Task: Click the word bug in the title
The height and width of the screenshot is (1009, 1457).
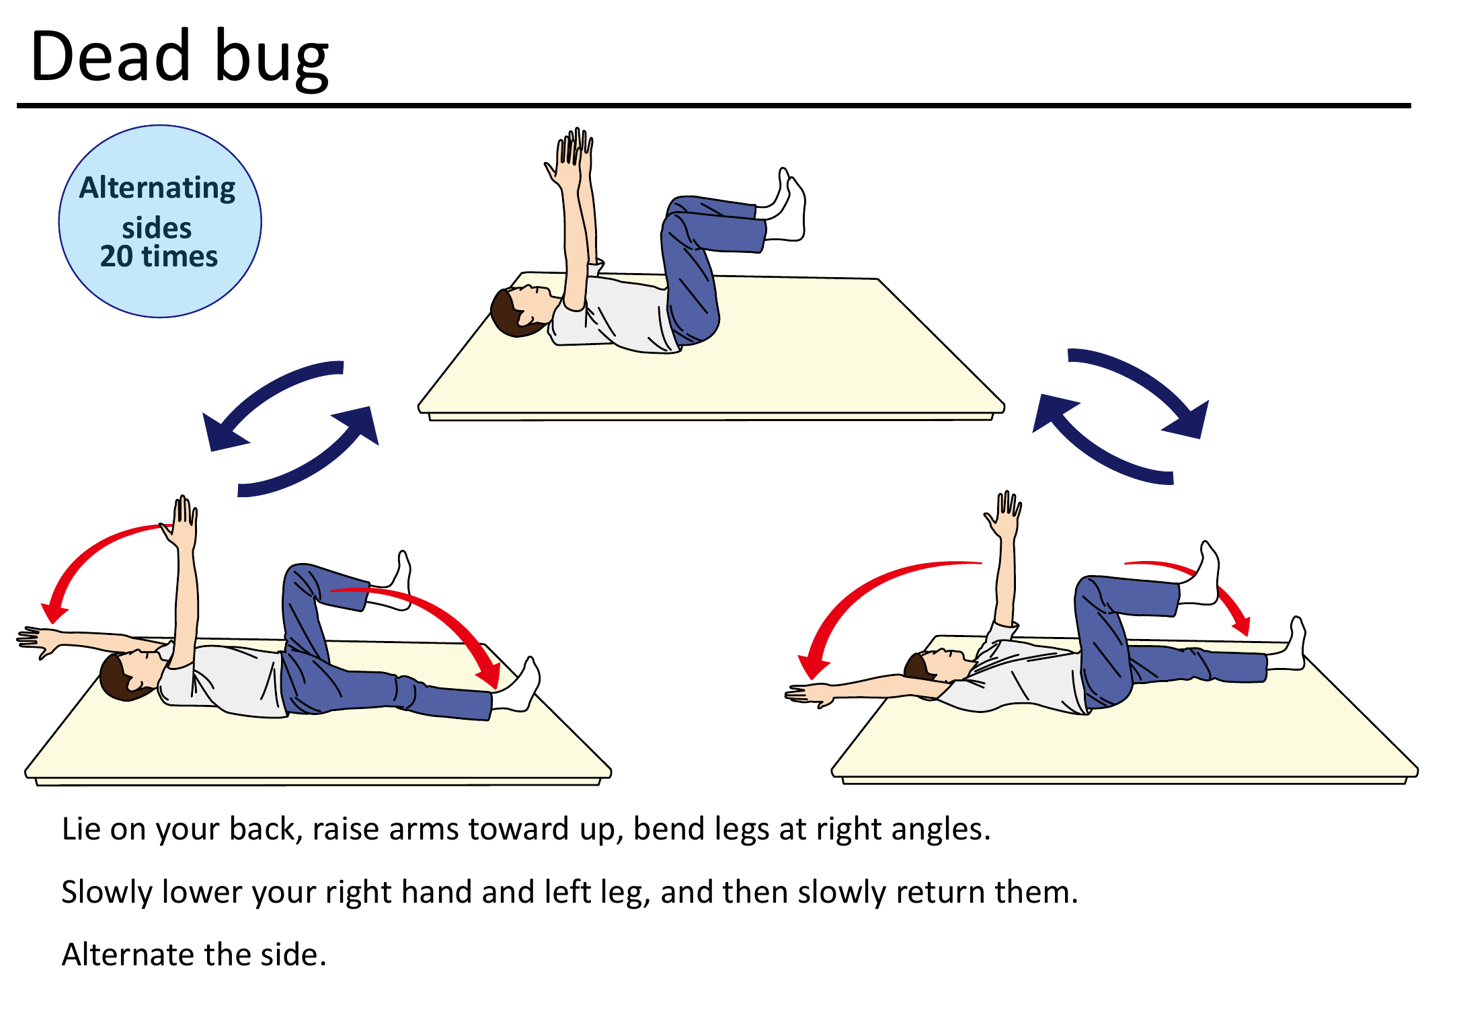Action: point(272,59)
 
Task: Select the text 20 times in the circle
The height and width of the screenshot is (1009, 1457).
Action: point(159,256)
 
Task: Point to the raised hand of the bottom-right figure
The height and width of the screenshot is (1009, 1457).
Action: point(1005,515)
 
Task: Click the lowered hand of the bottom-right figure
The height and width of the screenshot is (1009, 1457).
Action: point(807,695)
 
